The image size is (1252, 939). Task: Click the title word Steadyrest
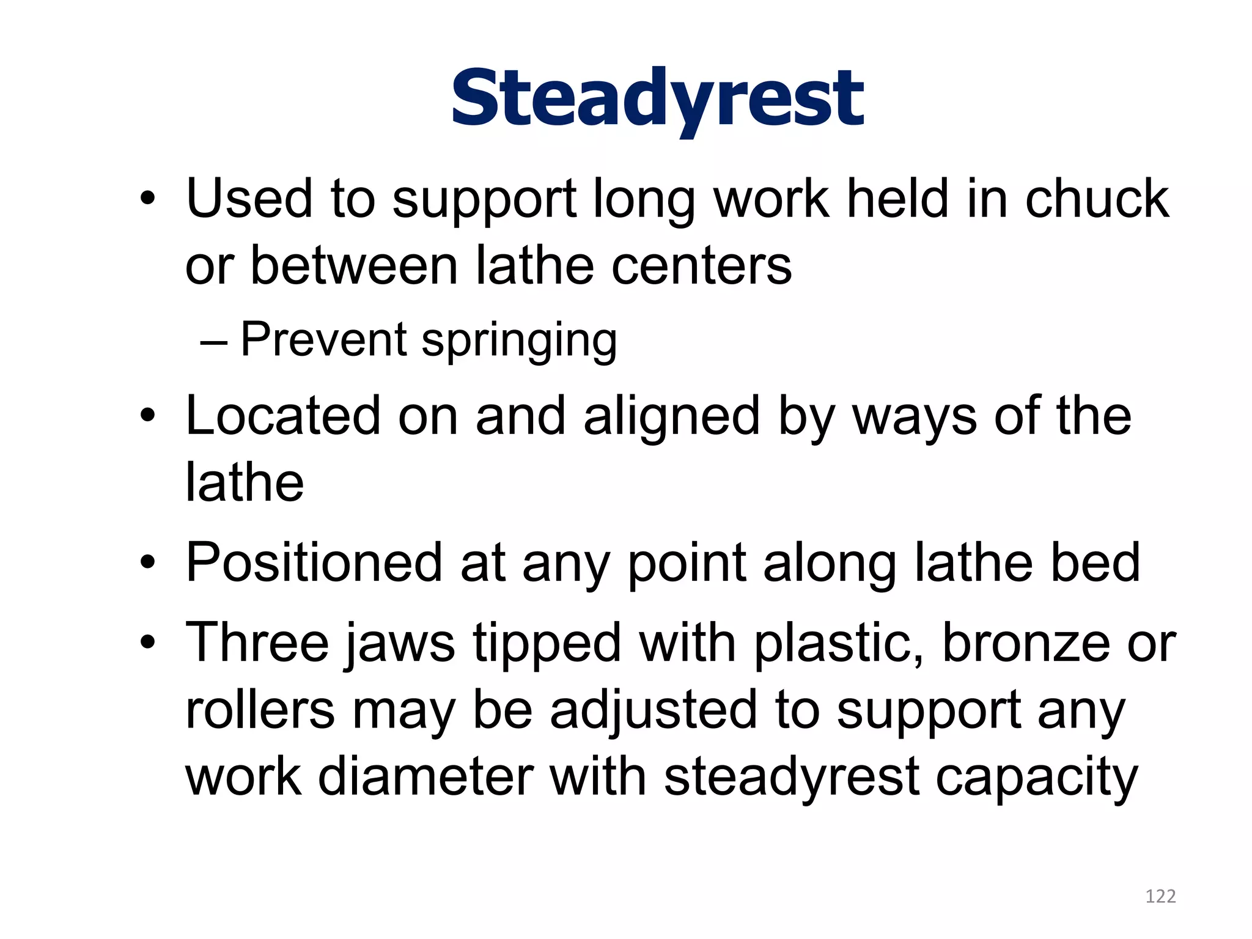(x=657, y=99)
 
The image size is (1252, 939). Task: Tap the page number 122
(x=1160, y=897)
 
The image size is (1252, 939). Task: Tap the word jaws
(x=399, y=644)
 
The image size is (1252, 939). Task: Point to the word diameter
(x=425, y=778)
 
